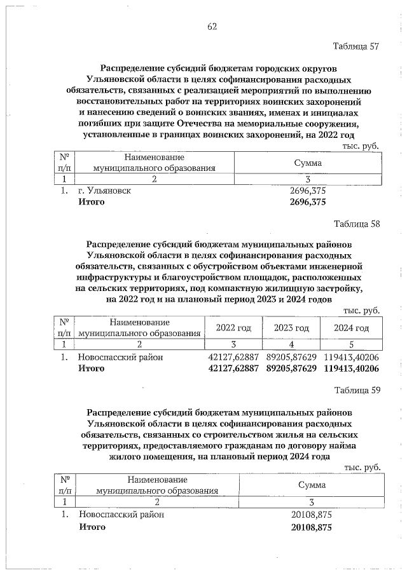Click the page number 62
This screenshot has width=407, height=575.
coord(212,26)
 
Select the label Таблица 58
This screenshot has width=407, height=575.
coord(356,224)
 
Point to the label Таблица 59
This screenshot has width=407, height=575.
coord(356,390)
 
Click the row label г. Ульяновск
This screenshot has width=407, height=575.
coord(104,191)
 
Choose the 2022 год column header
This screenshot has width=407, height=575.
coord(233,328)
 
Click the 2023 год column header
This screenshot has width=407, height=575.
coord(291,328)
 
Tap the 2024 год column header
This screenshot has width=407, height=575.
coord(352,328)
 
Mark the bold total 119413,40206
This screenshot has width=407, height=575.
coord(352,369)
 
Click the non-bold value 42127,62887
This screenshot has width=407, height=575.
coord(233,357)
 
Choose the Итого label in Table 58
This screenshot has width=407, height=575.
coord(91,369)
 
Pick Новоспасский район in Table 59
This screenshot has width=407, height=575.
coord(121,515)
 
